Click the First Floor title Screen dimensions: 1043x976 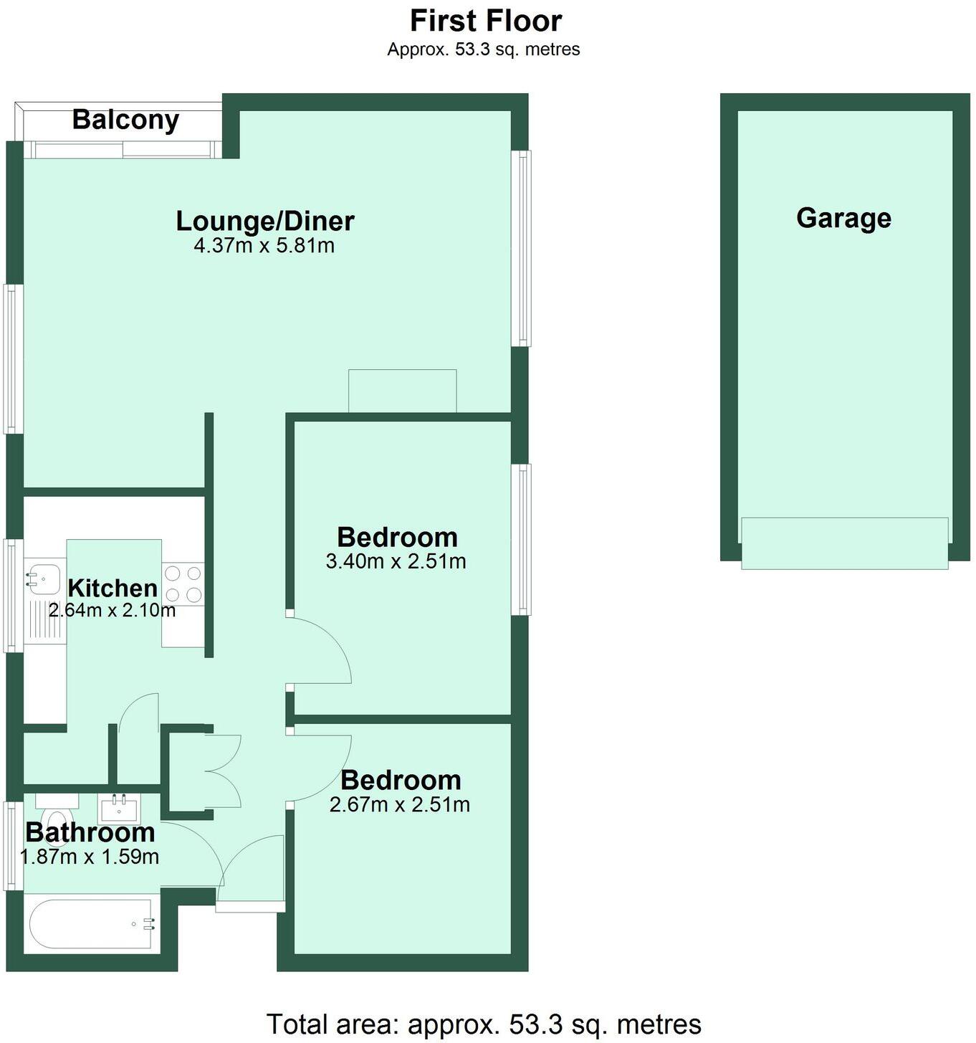tap(485, 21)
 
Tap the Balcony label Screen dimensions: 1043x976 tap(125, 119)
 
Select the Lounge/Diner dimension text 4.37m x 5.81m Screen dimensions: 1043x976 tap(264, 246)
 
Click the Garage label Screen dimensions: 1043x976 tap(843, 218)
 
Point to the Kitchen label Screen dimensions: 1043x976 tap(113, 588)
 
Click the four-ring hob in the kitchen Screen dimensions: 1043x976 tap(183, 584)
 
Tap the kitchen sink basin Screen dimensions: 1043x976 tap(44, 577)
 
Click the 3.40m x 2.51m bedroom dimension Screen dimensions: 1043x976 tap(396, 561)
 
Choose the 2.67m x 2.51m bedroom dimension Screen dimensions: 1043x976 tap(399, 804)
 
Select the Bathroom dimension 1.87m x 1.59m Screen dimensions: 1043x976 tap(90, 857)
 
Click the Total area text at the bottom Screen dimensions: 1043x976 tap(484, 1024)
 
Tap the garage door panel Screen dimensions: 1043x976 tap(844, 543)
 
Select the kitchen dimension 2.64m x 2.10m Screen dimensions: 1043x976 tap(112, 611)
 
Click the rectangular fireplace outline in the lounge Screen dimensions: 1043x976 tap(402, 391)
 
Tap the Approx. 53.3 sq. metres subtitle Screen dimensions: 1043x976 tap(484, 49)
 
